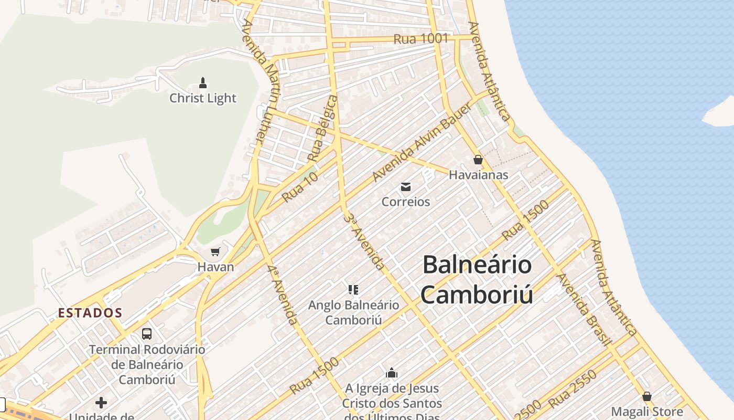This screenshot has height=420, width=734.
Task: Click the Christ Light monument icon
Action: tap(203, 83)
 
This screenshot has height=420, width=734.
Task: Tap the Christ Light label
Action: tap(203, 98)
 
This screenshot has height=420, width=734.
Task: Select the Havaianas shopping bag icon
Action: tap(478, 160)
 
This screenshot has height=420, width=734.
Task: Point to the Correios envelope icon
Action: tap(406, 186)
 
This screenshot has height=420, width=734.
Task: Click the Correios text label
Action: tap(406, 202)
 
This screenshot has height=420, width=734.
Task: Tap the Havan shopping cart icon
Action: tap(215, 252)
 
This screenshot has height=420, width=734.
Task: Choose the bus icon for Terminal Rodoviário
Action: tap(147, 333)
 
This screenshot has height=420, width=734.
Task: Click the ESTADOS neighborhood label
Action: tap(90, 313)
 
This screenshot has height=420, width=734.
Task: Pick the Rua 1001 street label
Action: tap(421, 38)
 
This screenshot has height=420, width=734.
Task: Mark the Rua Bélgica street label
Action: tap(321, 128)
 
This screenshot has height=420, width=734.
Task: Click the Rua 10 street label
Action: tap(300, 187)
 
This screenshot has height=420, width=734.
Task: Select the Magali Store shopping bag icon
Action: tap(647, 396)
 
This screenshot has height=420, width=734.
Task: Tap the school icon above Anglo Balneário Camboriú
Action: tap(353, 289)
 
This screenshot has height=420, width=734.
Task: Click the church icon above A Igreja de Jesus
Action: tap(392, 373)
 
